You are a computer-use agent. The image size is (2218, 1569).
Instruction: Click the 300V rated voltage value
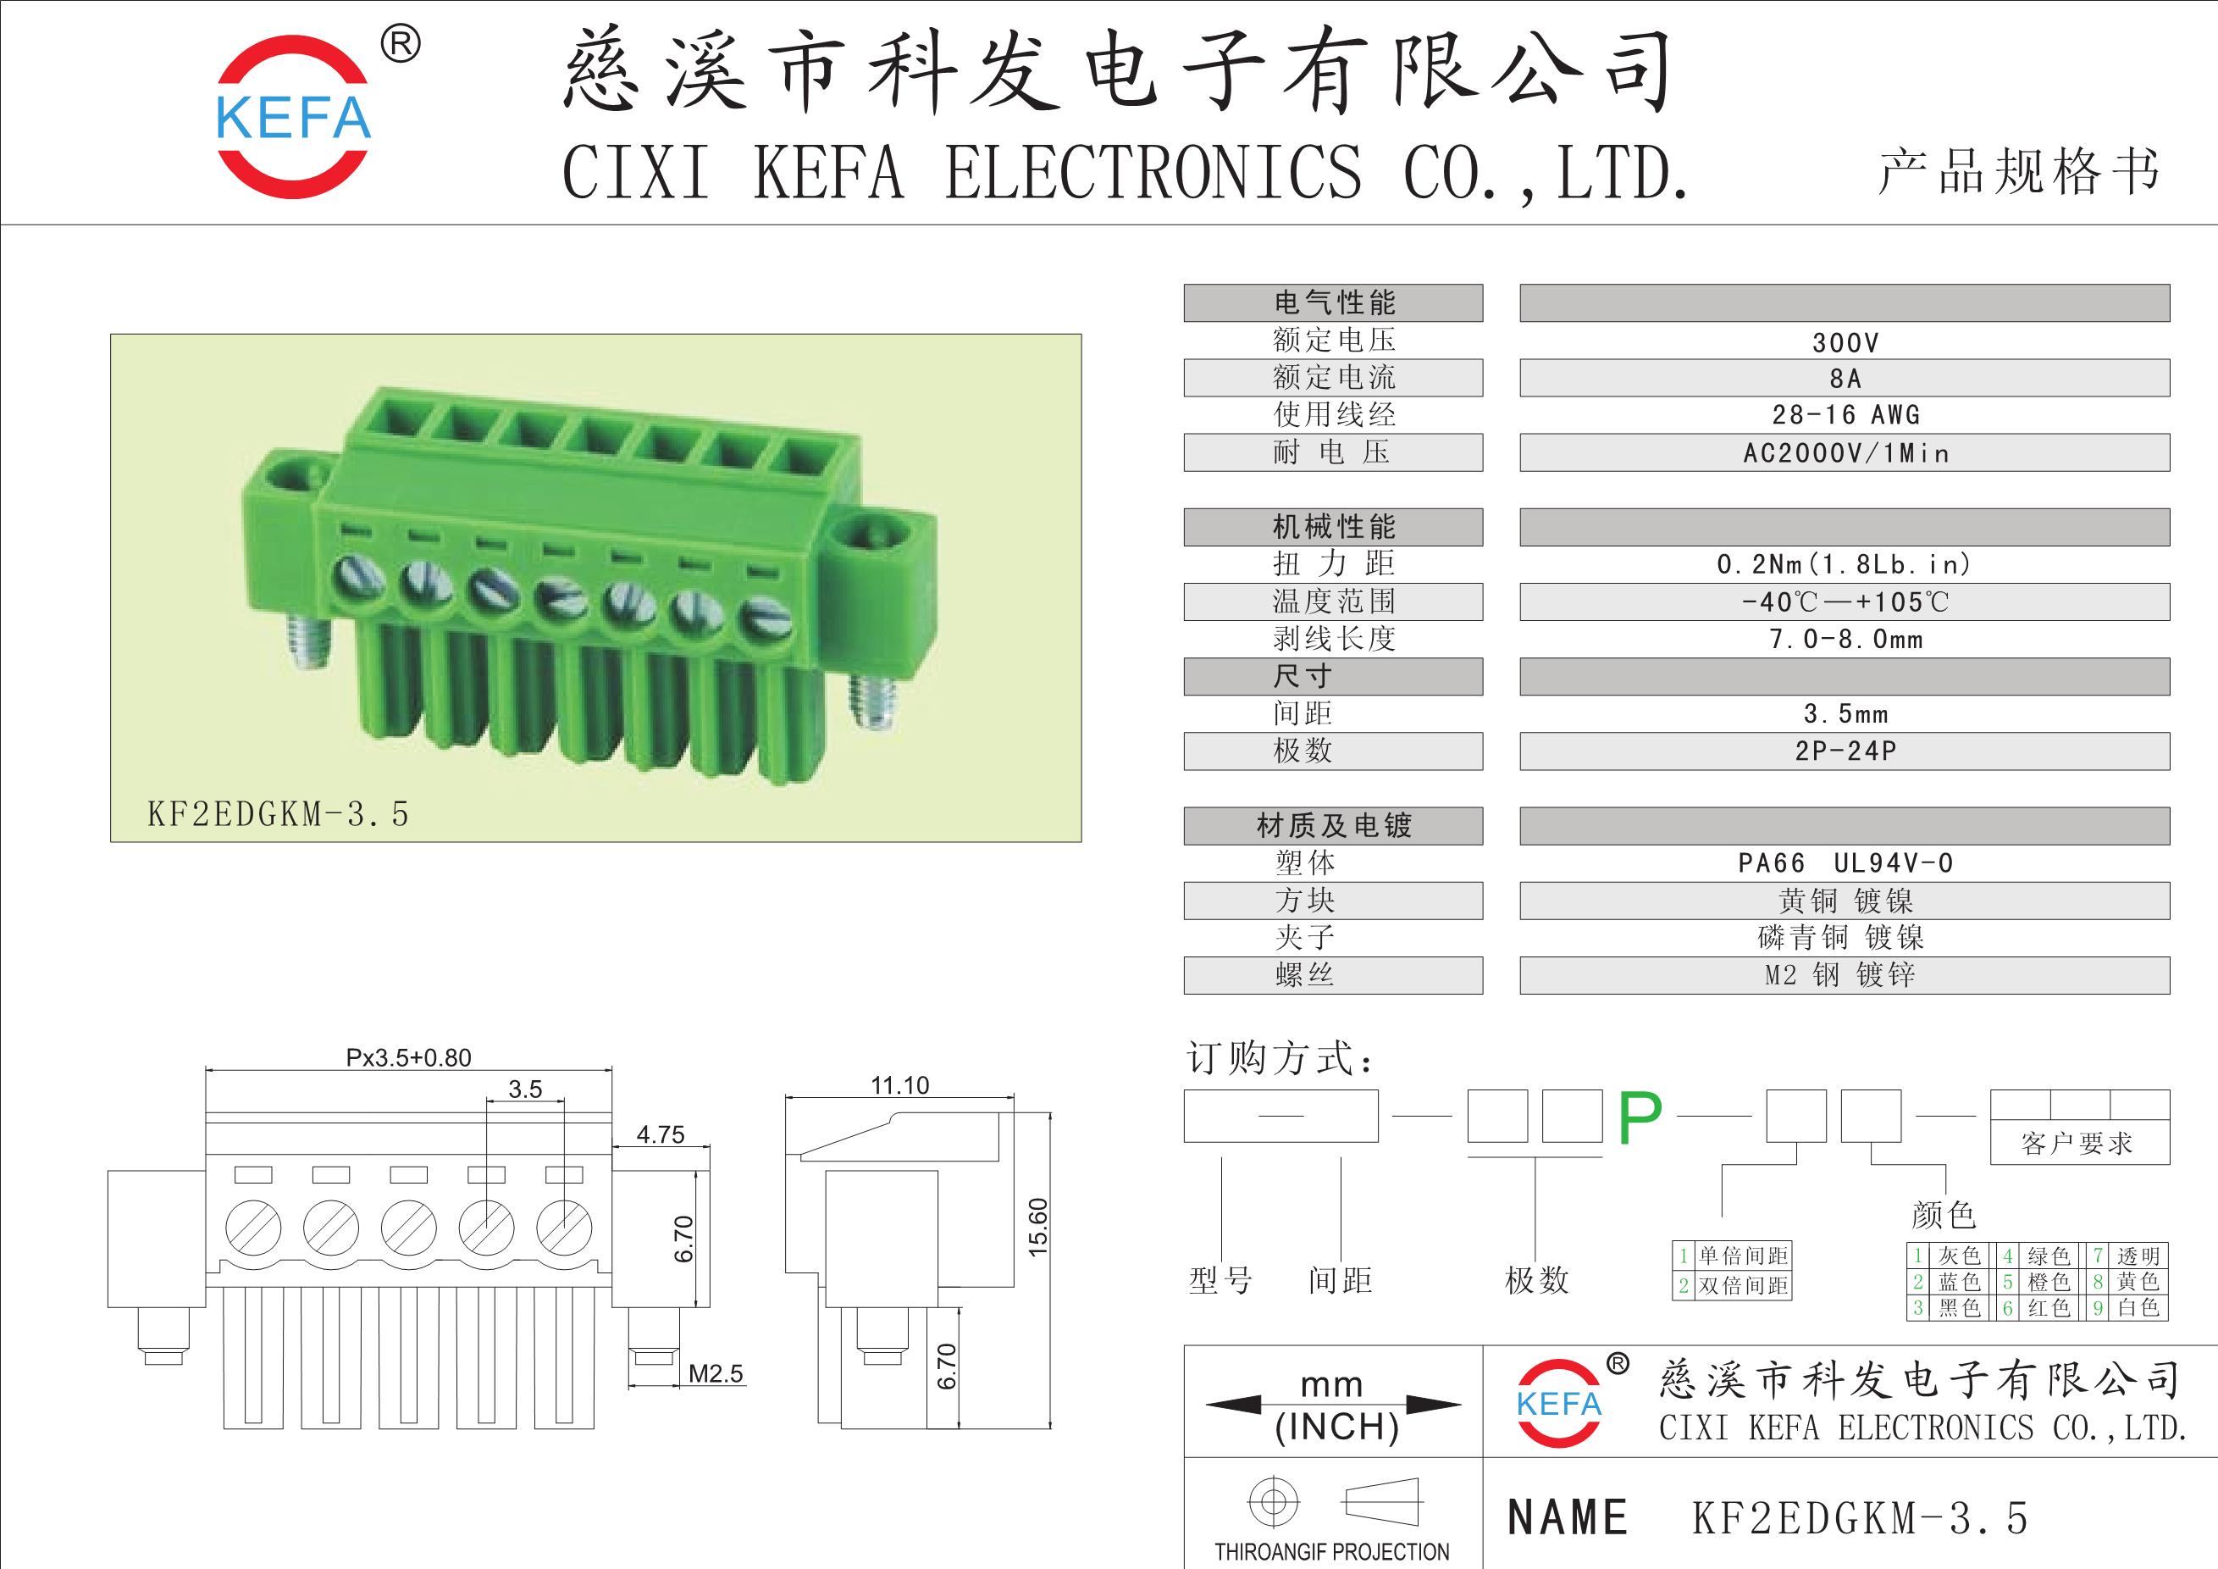tap(1845, 343)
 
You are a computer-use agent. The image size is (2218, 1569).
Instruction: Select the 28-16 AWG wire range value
tap(1846, 415)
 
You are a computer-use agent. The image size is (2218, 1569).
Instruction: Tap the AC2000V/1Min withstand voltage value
tap(1846, 453)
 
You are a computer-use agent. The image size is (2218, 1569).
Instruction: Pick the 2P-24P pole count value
tap(1846, 751)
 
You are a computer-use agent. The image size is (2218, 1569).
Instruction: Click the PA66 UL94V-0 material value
tap(1845, 862)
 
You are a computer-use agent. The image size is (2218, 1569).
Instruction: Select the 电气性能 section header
tap(1334, 303)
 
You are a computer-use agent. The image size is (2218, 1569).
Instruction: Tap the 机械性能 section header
tap(1334, 527)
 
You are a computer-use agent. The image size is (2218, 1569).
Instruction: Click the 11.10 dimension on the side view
tap(899, 1085)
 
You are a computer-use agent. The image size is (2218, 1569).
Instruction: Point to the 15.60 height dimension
tap(1037, 1227)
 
